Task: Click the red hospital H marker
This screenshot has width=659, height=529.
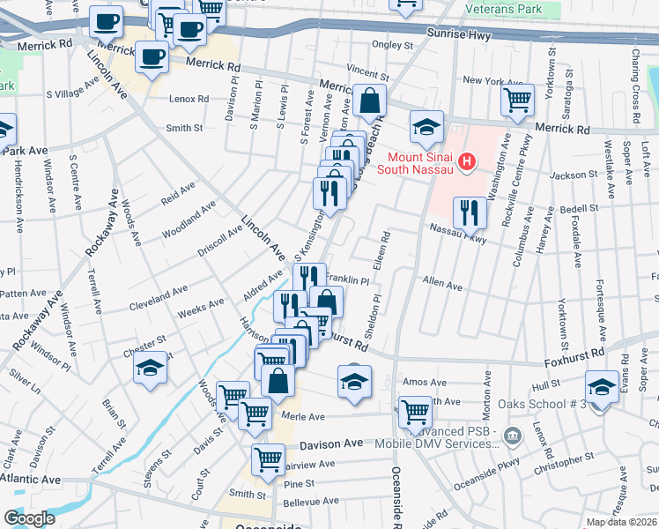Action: click(467, 162)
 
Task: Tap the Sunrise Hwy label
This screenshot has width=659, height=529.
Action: click(457, 33)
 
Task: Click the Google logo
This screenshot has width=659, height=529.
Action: click(29, 518)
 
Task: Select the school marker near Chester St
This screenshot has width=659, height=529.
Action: click(151, 368)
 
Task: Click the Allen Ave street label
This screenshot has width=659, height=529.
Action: click(442, 285)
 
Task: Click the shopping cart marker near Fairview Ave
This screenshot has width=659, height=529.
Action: click(268, 458)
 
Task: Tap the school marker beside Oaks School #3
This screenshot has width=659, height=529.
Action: click(603, 386)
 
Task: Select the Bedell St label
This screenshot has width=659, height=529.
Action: click(579, 208)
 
